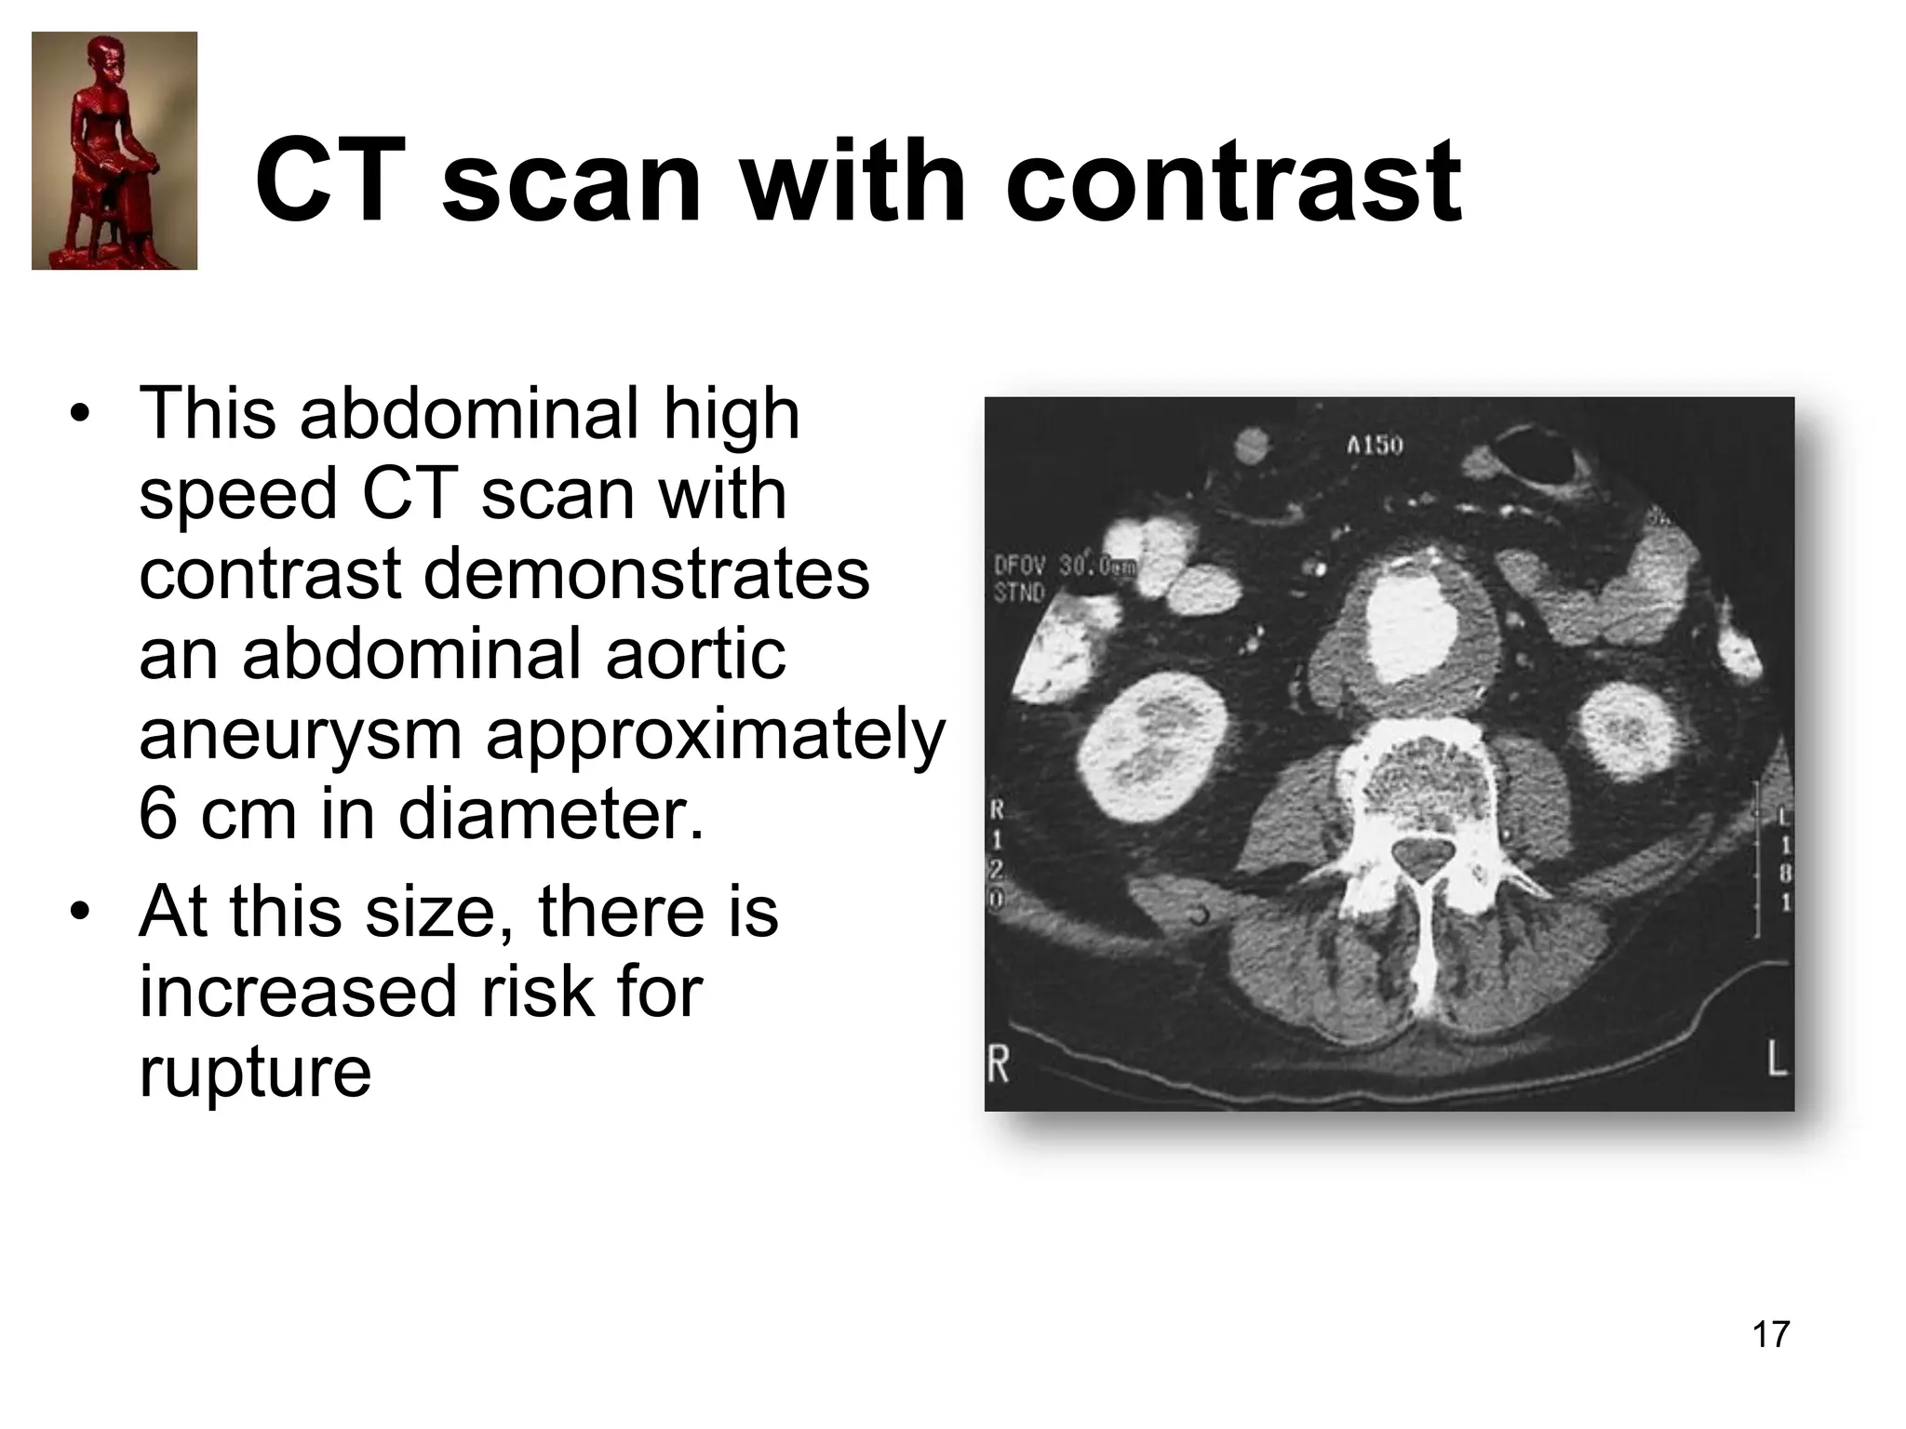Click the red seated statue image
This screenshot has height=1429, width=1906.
click(114, 151)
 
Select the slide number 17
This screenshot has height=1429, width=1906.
click(1770, 1334)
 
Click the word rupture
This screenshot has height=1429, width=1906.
click(255, 1072)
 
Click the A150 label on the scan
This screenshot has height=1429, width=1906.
click(1375, 446)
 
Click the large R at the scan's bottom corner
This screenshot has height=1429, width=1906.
click(998, 1063)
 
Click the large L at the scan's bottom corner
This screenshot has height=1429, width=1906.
click(1777, 1060)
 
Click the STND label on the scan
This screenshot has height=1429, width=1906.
click(1019, 592)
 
